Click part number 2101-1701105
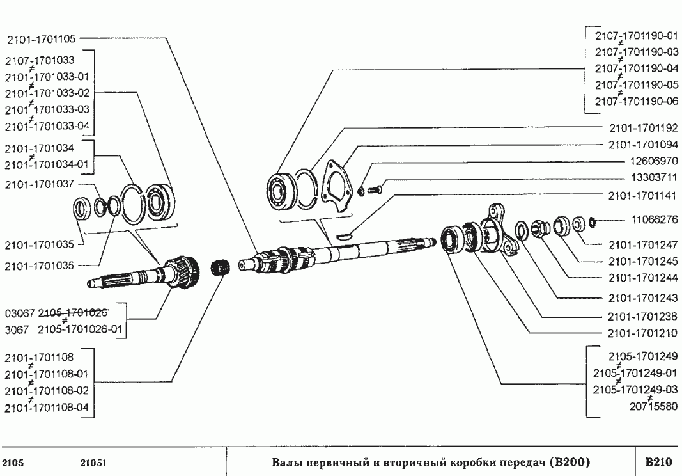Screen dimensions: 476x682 [42, 38]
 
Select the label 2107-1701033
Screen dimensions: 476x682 [40, 61]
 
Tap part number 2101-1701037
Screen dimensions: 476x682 [40, 184]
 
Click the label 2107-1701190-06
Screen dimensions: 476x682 [636, 102]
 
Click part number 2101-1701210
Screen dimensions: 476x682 [636, 333]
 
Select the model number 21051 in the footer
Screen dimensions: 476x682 [95, 462]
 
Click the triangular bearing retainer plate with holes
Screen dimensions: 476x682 [336, 187]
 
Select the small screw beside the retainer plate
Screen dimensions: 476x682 [375, 189]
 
